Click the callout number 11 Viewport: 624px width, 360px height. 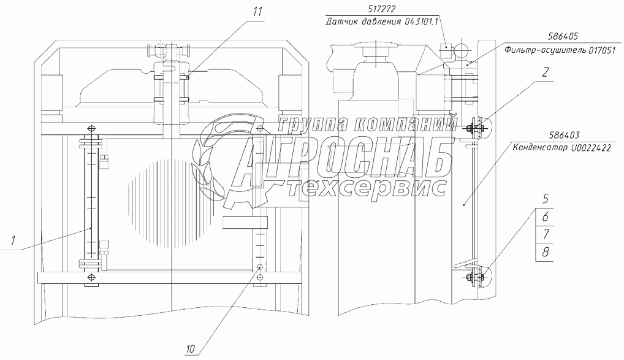[257, 12]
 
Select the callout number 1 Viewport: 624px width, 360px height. [13, 240]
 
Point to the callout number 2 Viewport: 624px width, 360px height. [545, 72]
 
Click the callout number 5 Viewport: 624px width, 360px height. [545, 198]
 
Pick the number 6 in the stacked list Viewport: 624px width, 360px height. [545, 216]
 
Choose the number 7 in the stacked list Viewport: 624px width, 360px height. [545, 234]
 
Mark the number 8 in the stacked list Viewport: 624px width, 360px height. [545, 251]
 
